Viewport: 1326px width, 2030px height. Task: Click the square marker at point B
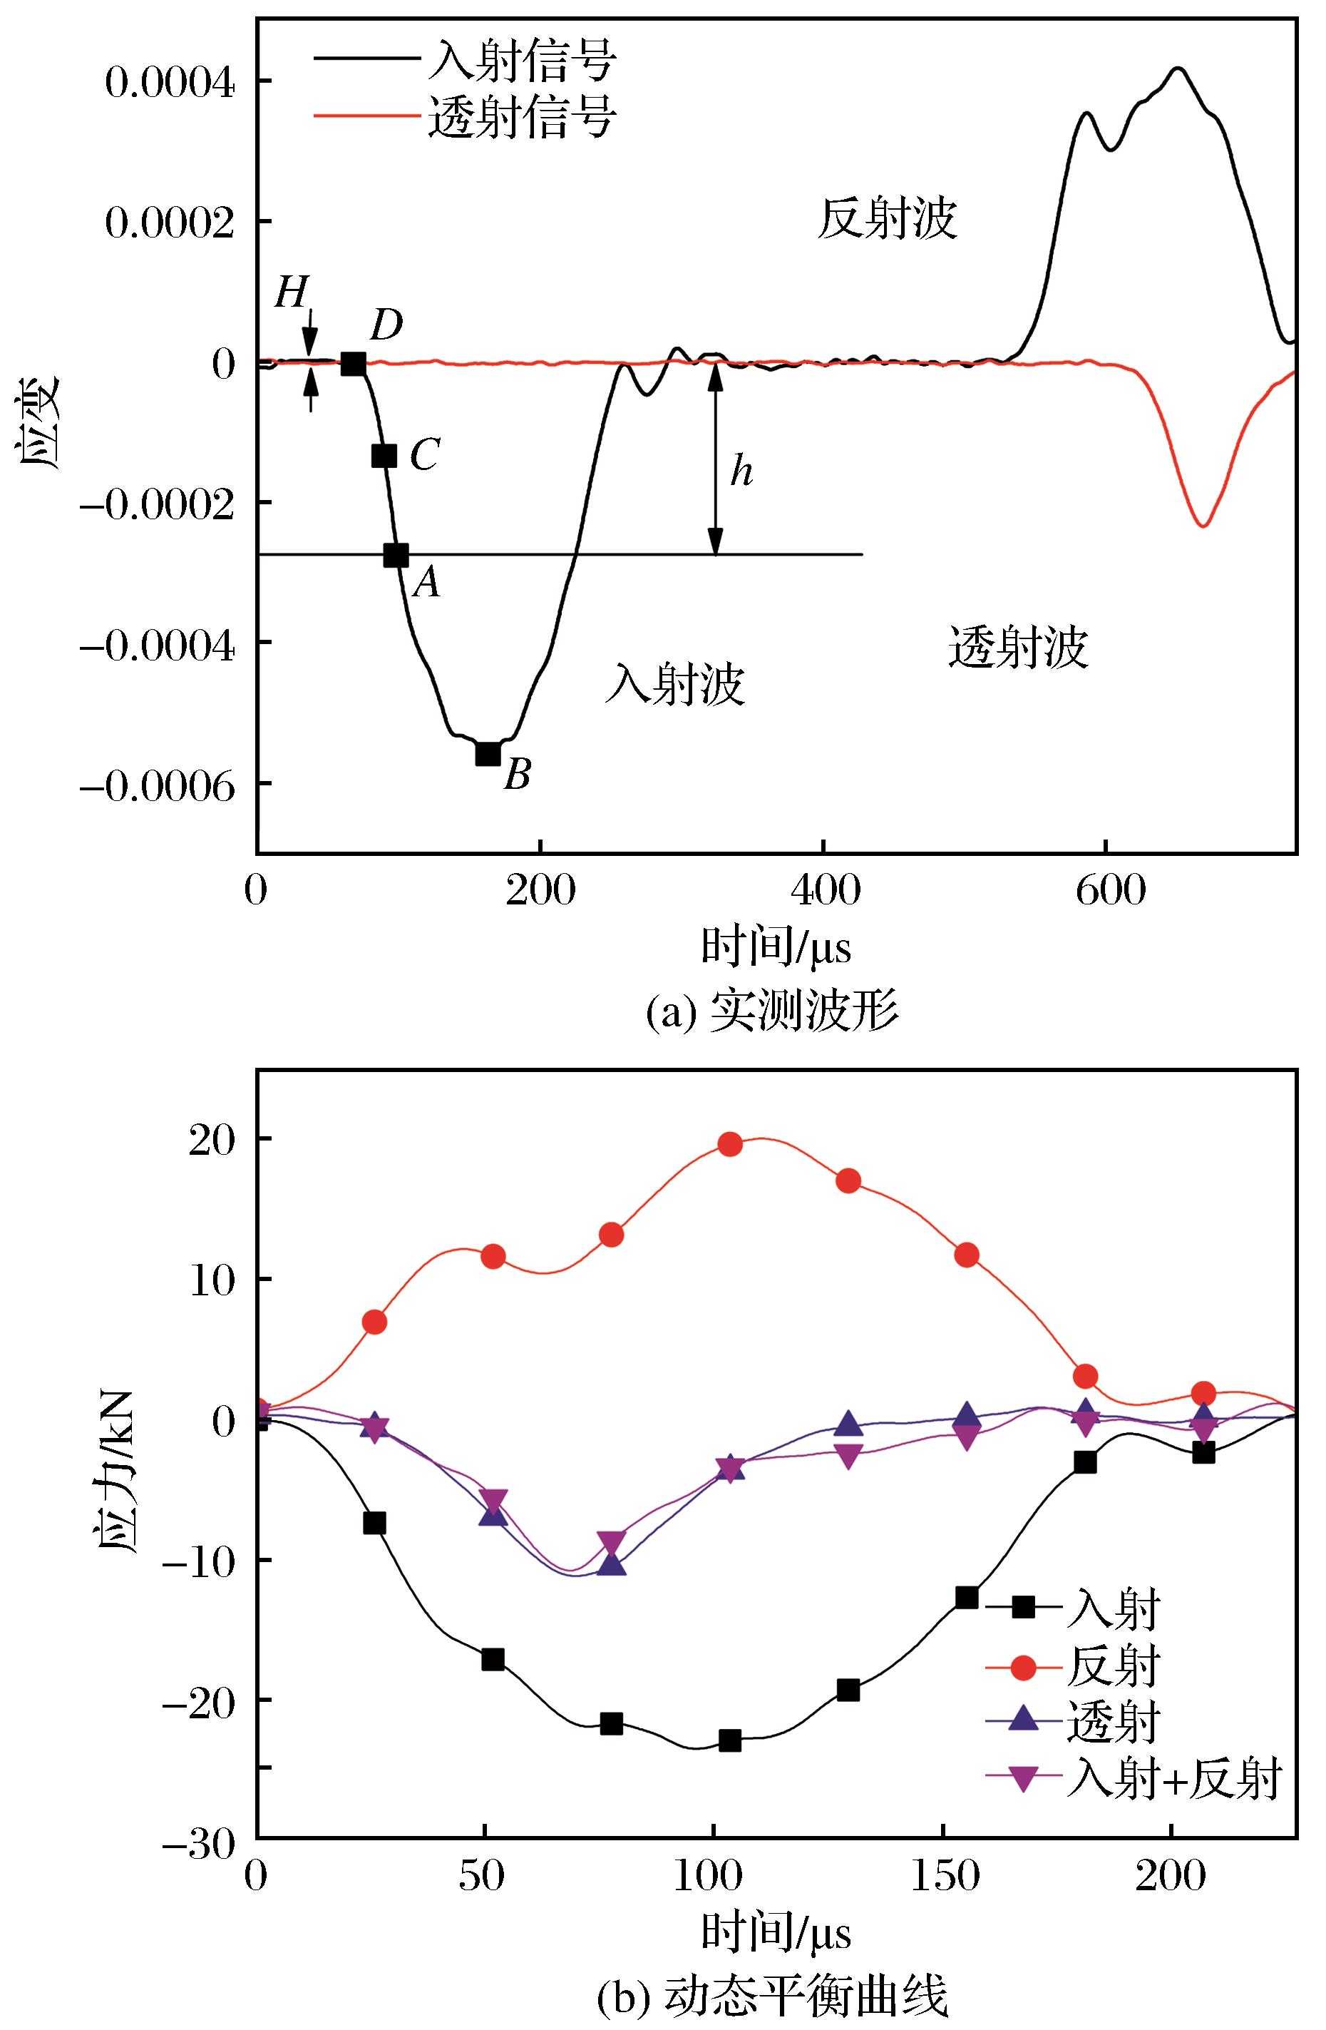488,754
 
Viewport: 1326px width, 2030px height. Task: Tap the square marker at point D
353,364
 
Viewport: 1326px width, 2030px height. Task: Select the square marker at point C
384,456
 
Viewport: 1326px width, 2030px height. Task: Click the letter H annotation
291,295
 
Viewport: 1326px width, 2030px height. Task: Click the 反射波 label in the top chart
887,219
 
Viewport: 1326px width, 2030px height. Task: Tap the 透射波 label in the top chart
1018,648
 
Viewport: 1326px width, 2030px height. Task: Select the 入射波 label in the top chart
674,684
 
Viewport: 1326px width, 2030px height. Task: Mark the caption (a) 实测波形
772,1014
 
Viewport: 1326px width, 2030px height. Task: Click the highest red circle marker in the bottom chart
730,1145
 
